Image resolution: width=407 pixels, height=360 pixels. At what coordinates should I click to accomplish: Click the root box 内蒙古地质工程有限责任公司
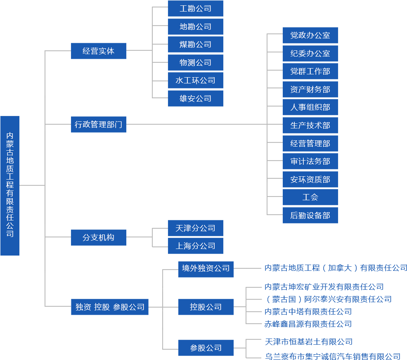coord(10,185)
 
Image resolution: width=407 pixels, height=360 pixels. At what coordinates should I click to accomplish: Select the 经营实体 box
coord(98,51)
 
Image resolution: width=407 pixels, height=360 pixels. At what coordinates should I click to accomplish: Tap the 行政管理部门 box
coord(98,124)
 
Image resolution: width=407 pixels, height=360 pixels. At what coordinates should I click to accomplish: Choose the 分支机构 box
coord(98,237)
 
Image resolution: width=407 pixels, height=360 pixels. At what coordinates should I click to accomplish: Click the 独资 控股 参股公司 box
coord(110,307)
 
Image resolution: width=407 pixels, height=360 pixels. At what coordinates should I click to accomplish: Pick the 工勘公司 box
coord(195,8)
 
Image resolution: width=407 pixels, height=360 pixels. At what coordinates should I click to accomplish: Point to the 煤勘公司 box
coord(195,44)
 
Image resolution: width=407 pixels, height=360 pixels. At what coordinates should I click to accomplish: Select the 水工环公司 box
coord(195,80)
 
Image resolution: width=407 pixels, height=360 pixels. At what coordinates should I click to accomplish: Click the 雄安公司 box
coord(195,98)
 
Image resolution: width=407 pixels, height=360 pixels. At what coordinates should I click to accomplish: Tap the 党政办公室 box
coord(310,35)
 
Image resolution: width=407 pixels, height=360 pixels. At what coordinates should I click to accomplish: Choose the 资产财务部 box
coord(310,89)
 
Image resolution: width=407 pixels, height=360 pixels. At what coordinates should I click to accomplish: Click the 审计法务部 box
coord(310,161)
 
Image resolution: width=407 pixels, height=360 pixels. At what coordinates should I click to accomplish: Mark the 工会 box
coord(310,197)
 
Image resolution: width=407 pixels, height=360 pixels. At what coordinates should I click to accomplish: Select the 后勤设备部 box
coord(310,215)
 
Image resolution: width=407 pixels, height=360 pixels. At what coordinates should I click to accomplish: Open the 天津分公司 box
coord(195,228)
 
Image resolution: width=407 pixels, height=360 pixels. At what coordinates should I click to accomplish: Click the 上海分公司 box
coord(195,246)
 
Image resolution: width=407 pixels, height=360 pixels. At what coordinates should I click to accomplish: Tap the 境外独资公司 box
coord(206,268)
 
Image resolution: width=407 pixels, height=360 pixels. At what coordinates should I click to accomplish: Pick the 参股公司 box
coord(206,348)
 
